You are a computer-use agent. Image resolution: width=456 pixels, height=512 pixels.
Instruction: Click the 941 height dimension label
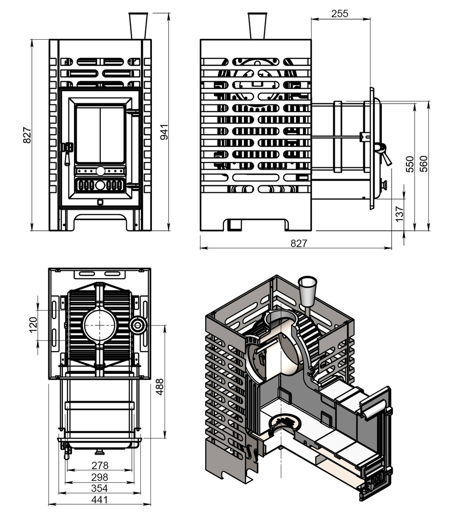[164, 132]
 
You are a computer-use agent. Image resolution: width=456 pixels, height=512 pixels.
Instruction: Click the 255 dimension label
[340, 14]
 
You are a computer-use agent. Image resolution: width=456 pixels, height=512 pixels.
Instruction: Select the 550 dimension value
[409, 164]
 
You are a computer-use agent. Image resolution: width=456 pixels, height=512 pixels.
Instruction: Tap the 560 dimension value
[423, 164]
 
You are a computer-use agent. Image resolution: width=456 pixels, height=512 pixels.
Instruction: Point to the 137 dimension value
[399, 214]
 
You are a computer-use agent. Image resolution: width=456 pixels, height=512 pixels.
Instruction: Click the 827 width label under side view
[299, 243]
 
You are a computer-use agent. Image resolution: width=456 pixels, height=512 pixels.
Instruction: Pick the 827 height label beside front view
[27, 134]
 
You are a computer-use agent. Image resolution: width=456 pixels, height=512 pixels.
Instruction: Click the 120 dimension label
[33, 325]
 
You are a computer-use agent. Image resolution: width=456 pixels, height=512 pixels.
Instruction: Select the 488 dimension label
[160, 387]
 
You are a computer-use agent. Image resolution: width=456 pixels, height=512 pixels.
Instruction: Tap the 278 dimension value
[99, 465]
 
